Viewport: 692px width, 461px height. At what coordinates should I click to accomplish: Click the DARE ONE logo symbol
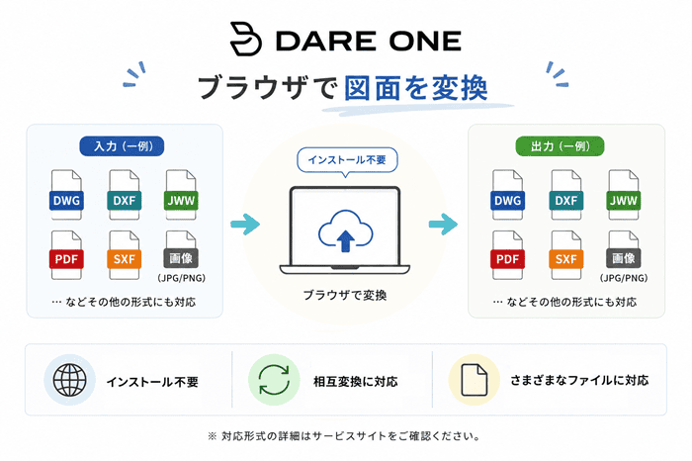(245, 39)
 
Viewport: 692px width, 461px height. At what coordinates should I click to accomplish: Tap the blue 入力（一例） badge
(122, 146)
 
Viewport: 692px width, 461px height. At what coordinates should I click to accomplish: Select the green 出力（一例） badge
(561, 146)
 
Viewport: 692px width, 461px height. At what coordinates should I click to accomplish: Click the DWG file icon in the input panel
(66, 195)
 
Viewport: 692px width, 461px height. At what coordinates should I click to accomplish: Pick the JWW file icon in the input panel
(181, 195)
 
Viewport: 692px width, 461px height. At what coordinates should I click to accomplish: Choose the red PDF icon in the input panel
(66, 255)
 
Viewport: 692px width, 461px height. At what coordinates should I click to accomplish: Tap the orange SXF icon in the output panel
(566, 255)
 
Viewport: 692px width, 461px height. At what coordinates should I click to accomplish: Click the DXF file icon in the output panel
(566, 195)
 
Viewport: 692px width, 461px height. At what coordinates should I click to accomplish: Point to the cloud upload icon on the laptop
(346, 230)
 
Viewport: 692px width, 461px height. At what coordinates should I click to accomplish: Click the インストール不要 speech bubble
(347, 160)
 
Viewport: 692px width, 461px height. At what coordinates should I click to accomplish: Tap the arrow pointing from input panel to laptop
(245, 224)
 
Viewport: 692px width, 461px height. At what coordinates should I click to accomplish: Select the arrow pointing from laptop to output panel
(443, 224)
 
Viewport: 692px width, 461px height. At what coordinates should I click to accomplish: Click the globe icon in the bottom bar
(70, 380)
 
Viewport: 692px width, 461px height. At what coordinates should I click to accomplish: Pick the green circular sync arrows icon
(274, 380)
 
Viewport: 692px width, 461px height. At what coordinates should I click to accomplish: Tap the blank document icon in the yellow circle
(475, 380)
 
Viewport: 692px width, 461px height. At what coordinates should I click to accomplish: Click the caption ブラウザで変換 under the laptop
(345, 295)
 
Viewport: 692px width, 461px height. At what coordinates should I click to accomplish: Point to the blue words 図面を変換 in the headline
(416, 87)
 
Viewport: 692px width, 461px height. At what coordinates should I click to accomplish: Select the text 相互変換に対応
(355, 381)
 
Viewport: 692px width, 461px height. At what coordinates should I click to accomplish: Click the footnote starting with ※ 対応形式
(344, 436)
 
